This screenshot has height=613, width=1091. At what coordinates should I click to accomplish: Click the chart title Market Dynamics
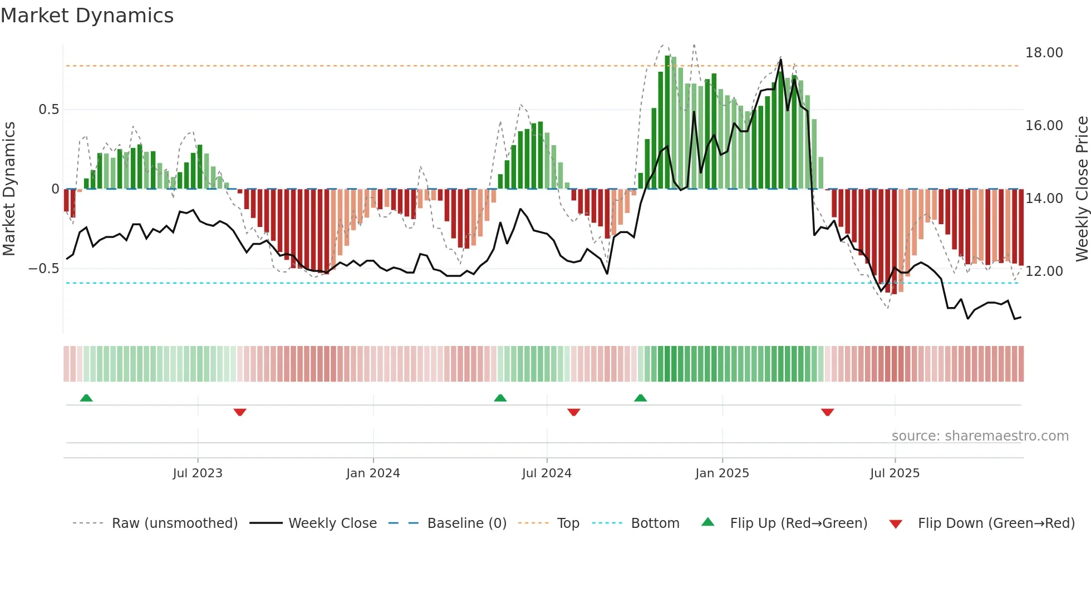click(87, 16)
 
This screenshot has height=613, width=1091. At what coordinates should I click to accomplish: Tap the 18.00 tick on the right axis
click(1044, 53)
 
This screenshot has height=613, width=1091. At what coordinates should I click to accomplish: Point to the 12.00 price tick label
click(1044, 271)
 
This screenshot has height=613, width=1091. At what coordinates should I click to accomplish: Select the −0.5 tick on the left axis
click(43, 269)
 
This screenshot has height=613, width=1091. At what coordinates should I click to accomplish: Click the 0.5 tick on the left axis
click(48, 110)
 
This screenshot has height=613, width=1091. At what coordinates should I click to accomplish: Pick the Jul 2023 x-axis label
click(197, 473)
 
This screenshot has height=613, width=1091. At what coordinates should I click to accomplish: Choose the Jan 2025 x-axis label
click(722, 473)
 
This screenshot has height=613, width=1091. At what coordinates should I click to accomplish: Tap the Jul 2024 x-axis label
click(547, 473)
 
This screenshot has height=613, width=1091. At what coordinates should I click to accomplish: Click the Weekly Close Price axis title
click(1082, 189)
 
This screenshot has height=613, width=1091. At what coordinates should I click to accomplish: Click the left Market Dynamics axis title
click(9, 189)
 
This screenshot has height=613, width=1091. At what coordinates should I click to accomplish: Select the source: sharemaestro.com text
click(980, 436)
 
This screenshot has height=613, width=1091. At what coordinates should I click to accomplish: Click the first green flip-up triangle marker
click(86, 398)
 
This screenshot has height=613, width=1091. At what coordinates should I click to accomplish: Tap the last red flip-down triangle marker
click(827, 412)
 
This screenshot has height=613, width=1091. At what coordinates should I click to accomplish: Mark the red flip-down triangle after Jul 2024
click(574, 412)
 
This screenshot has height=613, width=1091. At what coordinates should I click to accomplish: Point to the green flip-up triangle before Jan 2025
click(641, 398)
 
